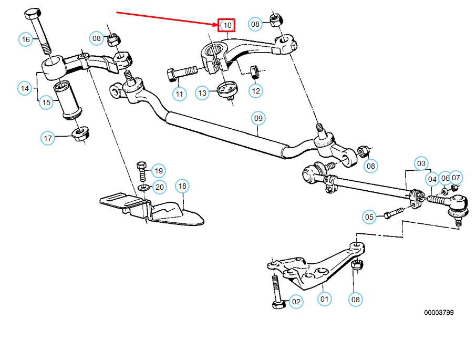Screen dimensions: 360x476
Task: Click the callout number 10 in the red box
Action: [x=227, y=25]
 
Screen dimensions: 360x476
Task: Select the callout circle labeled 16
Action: [x=26, y=39]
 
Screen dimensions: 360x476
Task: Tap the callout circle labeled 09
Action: [x=258, y=118]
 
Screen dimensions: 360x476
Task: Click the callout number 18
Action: [x=182, y=186]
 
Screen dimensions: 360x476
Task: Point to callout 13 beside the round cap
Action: [x=203, y=93]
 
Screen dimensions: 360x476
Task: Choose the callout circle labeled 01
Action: [x=324, y=300]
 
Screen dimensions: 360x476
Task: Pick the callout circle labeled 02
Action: [x=296, y=302]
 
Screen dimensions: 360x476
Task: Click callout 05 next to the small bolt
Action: [x=369, y=217]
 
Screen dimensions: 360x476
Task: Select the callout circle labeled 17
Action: [x=48, y=138]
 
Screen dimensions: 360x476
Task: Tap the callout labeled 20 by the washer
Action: [x=159, y=187]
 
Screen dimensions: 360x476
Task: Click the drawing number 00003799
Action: [x=439, y=312]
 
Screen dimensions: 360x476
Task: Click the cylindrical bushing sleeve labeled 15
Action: [x=69, y=99]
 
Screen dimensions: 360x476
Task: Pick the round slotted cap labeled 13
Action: [x=227, y=88]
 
